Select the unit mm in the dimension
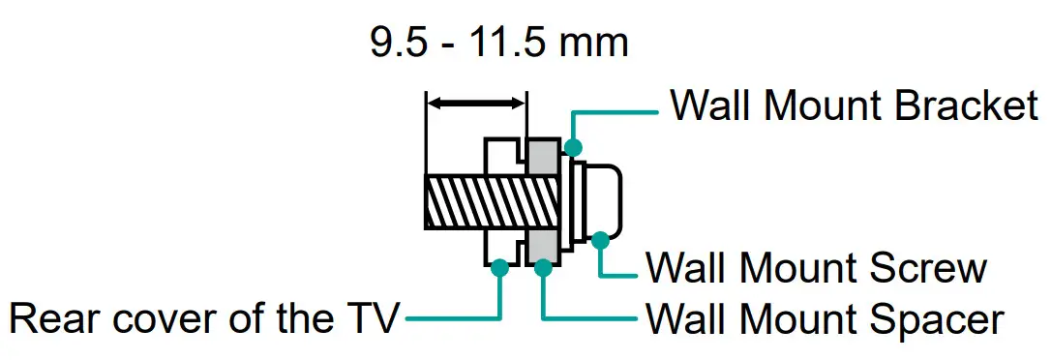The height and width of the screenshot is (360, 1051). coord(596,44)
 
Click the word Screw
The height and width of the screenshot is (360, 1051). coord(933,268)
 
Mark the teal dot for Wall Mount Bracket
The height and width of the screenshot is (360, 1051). coord(573,148)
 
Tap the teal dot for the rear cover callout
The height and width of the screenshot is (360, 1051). coord(499,268)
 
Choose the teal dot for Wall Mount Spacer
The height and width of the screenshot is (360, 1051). coord(544,268)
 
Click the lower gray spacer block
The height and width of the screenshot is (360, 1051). coord(543,246)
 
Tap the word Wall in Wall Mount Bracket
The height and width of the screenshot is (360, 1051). coord(707,105)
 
